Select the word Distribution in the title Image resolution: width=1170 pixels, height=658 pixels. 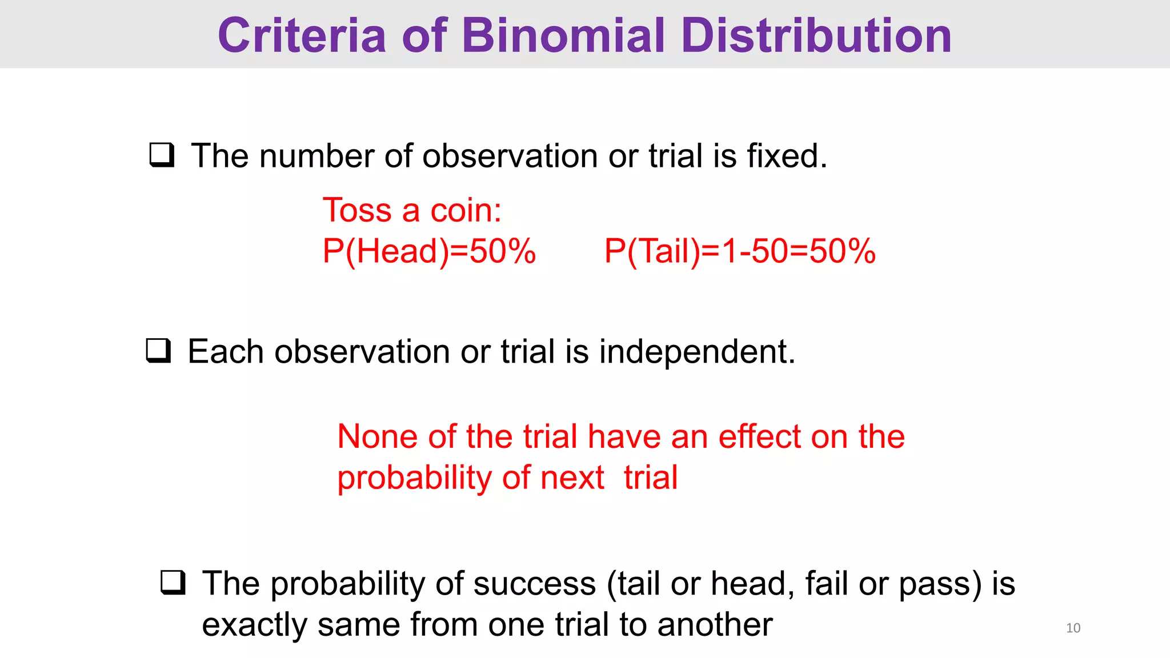point(816,35)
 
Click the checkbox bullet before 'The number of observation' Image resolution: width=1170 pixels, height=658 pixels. point(162,155)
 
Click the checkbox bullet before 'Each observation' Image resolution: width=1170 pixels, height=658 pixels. point(158,351)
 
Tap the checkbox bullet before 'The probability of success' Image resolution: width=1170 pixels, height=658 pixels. point(173,583)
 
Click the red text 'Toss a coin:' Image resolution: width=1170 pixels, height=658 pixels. point(412,210)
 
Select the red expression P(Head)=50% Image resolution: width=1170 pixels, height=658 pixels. point(429,251)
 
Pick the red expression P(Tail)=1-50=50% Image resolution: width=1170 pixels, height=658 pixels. point(740,251)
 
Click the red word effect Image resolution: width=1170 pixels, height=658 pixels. point(759,436)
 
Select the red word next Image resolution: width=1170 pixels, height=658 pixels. point(572,478)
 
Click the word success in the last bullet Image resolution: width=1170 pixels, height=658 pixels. point(534,584)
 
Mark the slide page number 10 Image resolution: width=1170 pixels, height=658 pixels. point(1073,628)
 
